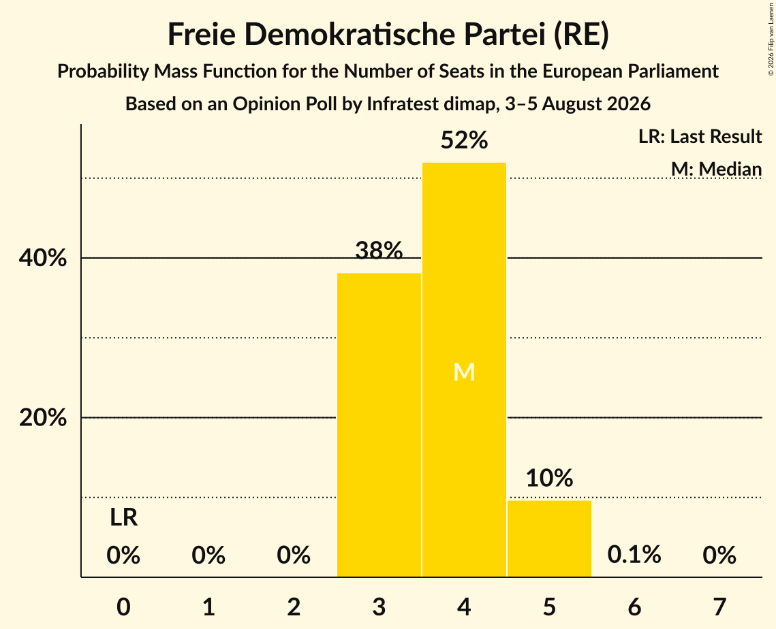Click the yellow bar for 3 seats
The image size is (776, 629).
pos(379,425)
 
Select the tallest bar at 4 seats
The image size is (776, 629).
pos(464,370)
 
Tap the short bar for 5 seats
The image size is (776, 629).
pos(549,538)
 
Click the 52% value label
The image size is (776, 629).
pos(464,140)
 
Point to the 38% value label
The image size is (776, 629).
pos(379,251)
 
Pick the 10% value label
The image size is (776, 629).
pos(549,478)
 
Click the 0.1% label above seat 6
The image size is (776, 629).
pos(634,555)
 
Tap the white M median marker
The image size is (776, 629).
pos(464,372)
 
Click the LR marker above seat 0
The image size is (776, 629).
pos(124,518)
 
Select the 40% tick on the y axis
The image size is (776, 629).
pos(42,258)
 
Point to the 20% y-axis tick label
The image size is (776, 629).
pos(42,418)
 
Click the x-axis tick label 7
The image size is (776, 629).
pos(719,607)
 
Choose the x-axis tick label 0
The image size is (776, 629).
pos(124,607)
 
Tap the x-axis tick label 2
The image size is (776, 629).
pos(294,607)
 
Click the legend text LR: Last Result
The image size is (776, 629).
pos(700,136)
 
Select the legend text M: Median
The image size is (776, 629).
pos(716,169)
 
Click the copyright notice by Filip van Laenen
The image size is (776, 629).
pos(771,39)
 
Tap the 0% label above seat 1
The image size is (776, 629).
pos(209,555)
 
